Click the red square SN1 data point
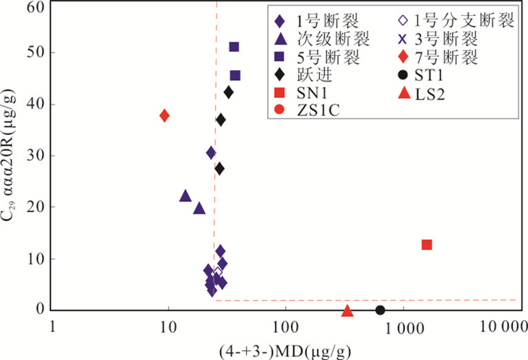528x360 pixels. (427, 245)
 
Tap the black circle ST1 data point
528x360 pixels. (380, 309)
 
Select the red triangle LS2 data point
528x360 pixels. (347, 310)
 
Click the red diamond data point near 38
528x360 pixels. (164, 115)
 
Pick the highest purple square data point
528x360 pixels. (234, 48)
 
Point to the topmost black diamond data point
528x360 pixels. (229, 92)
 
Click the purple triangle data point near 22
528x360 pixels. (186, 196)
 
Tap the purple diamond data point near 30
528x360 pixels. (212, 153)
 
